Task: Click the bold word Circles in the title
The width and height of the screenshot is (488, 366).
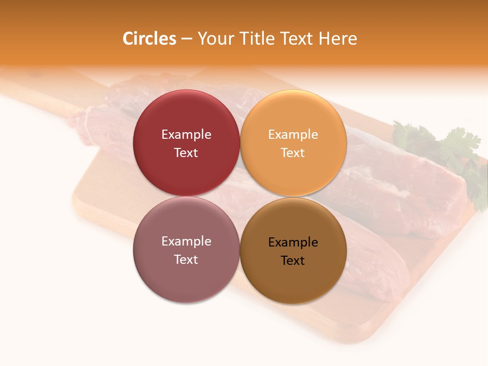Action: tap(149, 39)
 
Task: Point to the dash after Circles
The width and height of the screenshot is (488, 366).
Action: tap(187, 39)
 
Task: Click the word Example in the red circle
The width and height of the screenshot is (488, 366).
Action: tap(186, 134)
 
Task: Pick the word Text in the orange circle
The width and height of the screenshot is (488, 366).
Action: tap(293, 152)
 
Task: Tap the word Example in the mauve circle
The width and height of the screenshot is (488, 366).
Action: tap(186, 241)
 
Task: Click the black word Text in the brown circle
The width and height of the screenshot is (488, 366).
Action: tap(293, 260)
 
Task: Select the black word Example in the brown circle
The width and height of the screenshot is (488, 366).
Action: tap(293, 242)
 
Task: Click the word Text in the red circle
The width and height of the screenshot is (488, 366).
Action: tap(186, 152)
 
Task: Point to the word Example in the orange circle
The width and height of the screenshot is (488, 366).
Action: tap(293, 134)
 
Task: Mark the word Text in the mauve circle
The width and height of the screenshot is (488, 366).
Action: tap(186, 259)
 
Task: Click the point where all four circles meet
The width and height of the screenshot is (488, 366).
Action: tap(240, 196)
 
